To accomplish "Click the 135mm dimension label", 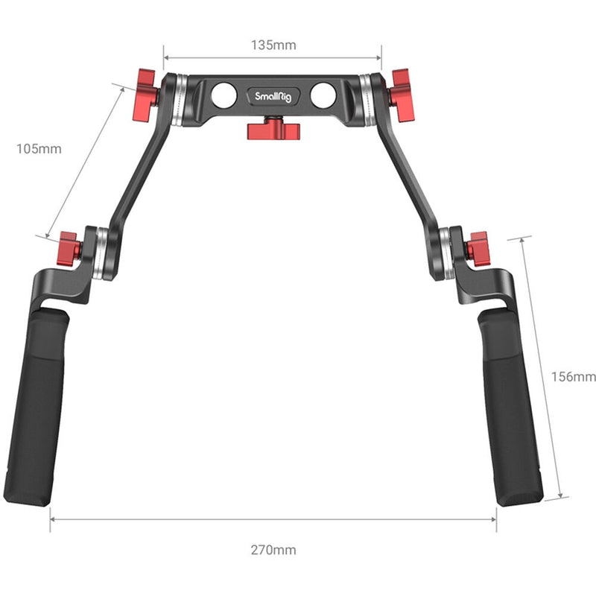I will tap(273, 45).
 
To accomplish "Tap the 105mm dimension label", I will tap(39, 149).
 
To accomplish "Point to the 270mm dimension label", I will tap(273, 550).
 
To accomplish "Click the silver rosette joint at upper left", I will tap(177, 100).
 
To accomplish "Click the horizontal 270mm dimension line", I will tap(273, 519).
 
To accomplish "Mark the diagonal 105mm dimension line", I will tap(83, 160).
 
